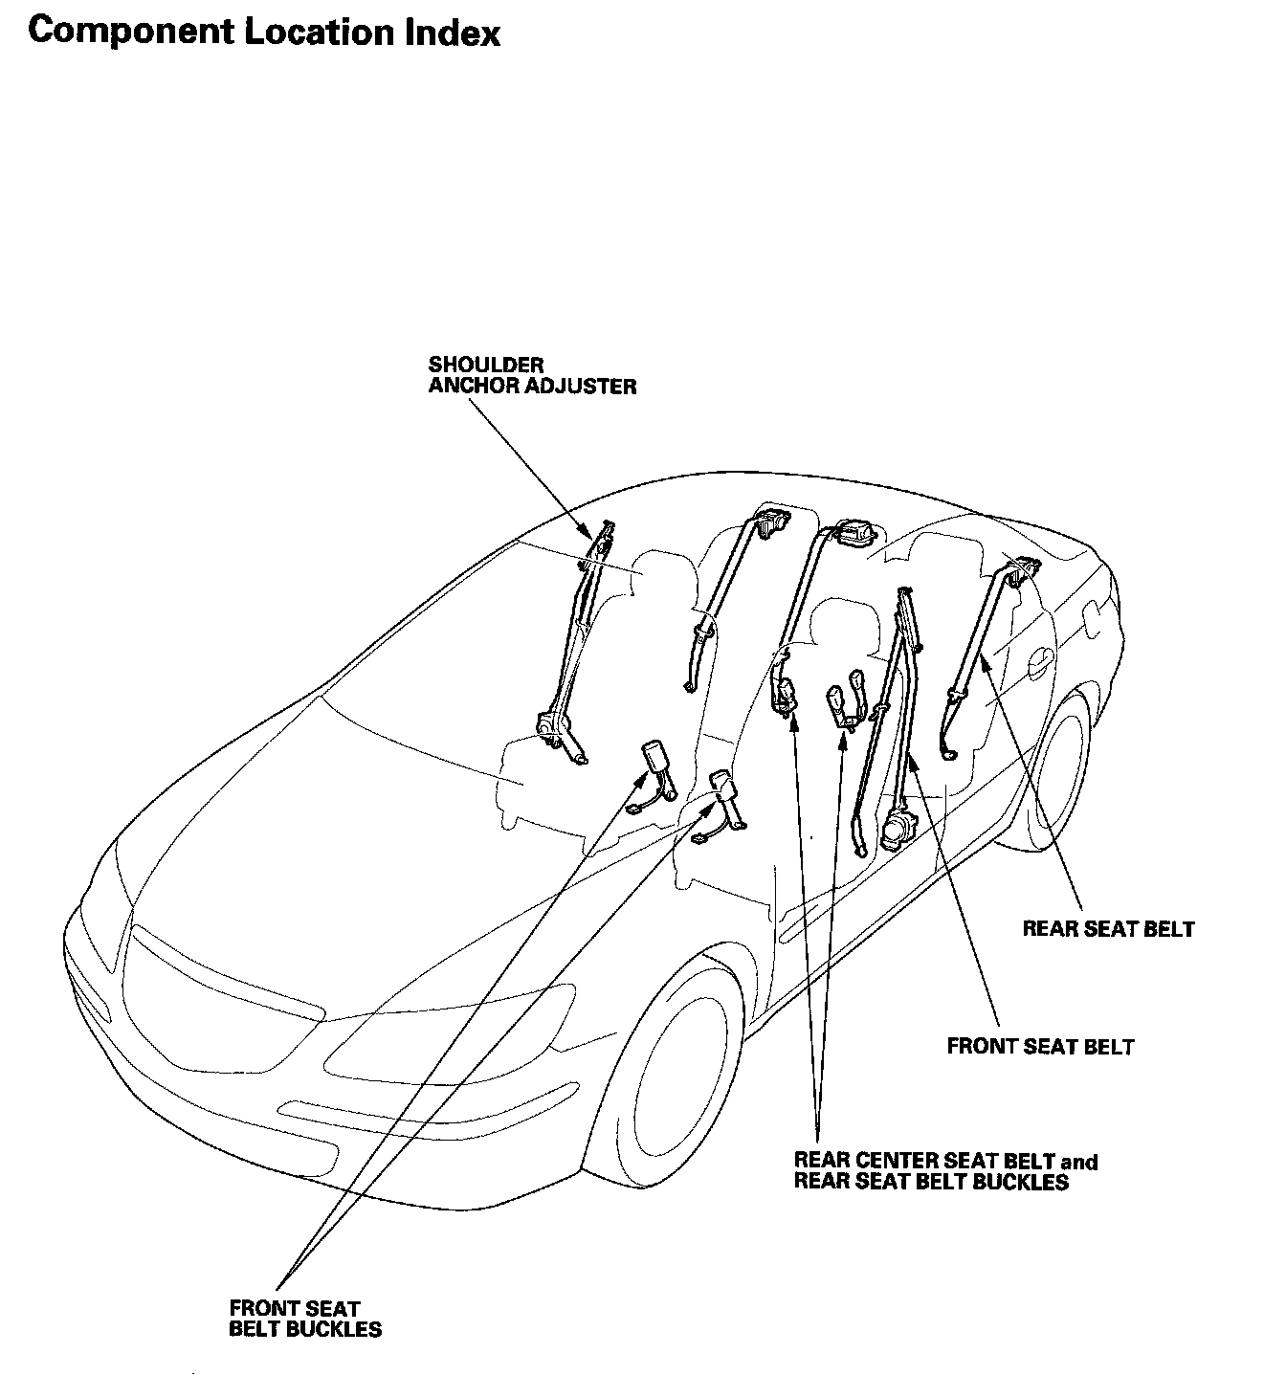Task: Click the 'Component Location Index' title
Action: click(x=264, y=33)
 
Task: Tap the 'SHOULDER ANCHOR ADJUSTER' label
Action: click(x=531, y=375)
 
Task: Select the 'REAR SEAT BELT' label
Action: click(x=1108, y=928)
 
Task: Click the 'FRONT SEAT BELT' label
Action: click(x=1040, y=1046)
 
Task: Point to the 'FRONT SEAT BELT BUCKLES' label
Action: click(x=304, y=1318)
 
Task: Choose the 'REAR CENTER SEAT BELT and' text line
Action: click(x=945, y=1162)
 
